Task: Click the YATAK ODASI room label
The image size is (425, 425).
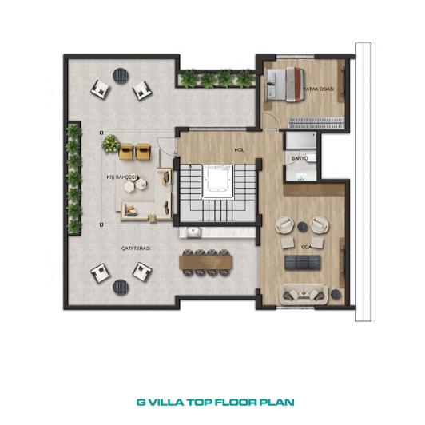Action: (x=319, y=89)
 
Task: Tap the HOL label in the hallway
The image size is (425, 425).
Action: (x=240, y=149)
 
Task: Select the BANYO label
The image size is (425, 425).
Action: (x=300, y=158)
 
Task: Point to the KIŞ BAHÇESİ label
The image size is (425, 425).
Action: (x=121, y=177)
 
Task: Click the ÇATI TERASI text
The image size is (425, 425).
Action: (x=136, y=248)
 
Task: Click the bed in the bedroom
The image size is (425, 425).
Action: (x=284, y=85)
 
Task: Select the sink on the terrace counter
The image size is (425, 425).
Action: (x=193, y=232)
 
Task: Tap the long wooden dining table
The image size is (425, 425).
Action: (x=206, y=262)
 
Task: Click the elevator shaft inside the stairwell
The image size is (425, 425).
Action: (x=218, y=181)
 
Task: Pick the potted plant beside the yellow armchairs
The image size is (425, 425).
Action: (x=110, y=143)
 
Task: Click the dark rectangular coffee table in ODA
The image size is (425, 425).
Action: (x=302, y=262)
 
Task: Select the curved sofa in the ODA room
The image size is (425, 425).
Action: (x=304, y=295)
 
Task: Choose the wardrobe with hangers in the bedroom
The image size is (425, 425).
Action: (x=316, y=122)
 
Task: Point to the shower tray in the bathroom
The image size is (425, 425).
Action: (x=301, y=140)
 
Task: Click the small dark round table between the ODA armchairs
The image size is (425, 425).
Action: (x=302, y=227)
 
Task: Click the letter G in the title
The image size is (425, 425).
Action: (x=141, y=402)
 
